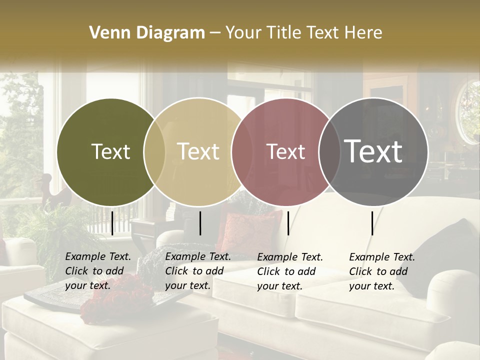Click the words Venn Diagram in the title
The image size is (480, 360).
pos(147,32)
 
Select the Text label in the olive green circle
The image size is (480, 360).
pos(110,151)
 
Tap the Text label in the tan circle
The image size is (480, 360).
pos(198,151)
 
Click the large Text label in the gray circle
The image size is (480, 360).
pos(373,151)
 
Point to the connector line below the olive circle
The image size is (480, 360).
pos(112,223)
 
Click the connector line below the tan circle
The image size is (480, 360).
pos(200,223)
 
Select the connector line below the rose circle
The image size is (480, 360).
pos(288,223)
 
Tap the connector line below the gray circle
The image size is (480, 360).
pos(372,223)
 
